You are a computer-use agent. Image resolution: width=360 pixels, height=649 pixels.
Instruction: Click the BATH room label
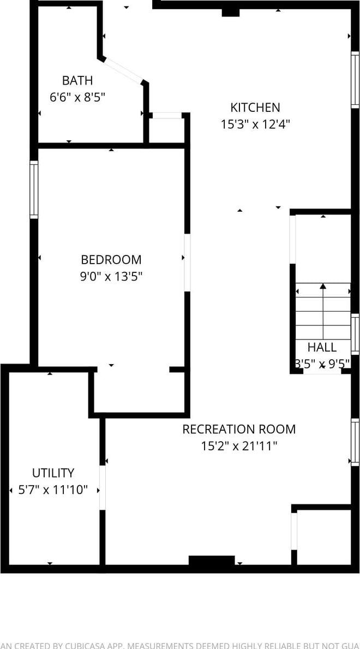point(77,81)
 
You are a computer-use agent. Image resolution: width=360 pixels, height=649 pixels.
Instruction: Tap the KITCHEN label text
point(255,108)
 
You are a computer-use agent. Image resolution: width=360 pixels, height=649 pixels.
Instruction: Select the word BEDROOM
point(111,260)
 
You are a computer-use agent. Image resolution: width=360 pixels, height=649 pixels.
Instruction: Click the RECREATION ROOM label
point(239,429)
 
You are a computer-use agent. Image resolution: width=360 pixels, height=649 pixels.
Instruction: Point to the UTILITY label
point(53,473)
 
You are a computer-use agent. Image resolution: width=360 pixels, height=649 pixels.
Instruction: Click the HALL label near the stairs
point(322,347)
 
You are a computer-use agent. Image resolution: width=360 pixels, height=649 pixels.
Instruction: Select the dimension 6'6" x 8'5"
point(77,98)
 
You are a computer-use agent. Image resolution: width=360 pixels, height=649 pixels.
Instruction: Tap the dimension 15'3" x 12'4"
point(255,124)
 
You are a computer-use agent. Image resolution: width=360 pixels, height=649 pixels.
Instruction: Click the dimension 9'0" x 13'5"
point(111,277)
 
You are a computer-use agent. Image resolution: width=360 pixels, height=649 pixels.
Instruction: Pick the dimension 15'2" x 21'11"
point(239,446)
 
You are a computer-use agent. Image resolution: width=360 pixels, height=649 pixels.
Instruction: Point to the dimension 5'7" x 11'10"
point(53,490)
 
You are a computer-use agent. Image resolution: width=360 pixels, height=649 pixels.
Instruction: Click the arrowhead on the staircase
point(323,285)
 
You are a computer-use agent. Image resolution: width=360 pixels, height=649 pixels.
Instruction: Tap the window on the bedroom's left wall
point(34,190)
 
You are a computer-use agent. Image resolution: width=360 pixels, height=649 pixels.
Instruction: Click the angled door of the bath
point(123,69)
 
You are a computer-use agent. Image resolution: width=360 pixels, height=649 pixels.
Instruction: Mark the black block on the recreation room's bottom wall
point(212,561)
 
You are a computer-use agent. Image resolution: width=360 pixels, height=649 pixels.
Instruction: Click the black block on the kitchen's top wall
point(231,12)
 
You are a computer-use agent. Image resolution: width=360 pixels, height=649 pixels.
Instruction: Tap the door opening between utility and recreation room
point(102,487)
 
